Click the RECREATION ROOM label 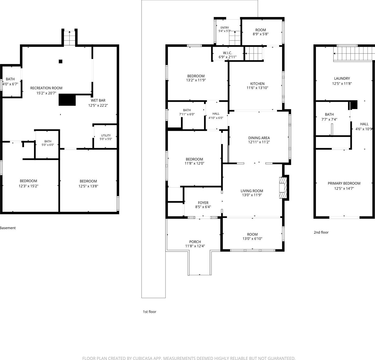tap(46, 88)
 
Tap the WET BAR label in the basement tap(98, 101)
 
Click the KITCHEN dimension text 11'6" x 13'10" tap(257, 88)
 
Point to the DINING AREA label tap(259, 138)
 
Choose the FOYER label tap(203, 203)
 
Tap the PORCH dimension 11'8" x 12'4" tap(195, 246)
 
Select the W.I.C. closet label tap(227, 53)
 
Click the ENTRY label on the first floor tap(225, 28)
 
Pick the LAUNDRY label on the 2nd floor tap(342, 78)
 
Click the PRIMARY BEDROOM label tap(344, 183)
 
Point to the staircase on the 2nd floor tap(354, 54)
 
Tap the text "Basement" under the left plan tap(8, 228)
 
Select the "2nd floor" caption tap(321, 232)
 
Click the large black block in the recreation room tap(67, 100)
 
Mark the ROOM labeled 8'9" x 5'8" tap(261, 32)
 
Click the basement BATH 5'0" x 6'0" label tap(48, 143)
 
